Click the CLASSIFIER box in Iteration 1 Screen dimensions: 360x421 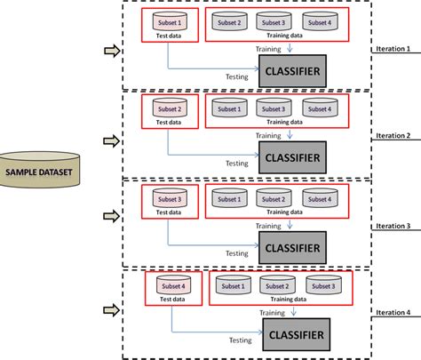point(290,70)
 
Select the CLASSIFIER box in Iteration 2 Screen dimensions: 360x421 point(290,158)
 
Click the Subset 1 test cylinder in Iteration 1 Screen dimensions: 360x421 point(169,22)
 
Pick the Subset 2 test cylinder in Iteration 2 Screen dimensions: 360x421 point(169,109)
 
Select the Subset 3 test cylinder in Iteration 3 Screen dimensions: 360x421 point(169,199)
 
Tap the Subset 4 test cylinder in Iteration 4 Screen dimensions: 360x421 point(172,286)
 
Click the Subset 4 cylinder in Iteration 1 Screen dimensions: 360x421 point(319,22)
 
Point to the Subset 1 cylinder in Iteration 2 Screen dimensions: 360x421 point(228,109)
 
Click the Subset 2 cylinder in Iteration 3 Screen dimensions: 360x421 point(274,199)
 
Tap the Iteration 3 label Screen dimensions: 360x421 point(394,226)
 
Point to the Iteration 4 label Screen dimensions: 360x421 point(394,313)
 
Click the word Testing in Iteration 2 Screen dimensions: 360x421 point(236,164)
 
